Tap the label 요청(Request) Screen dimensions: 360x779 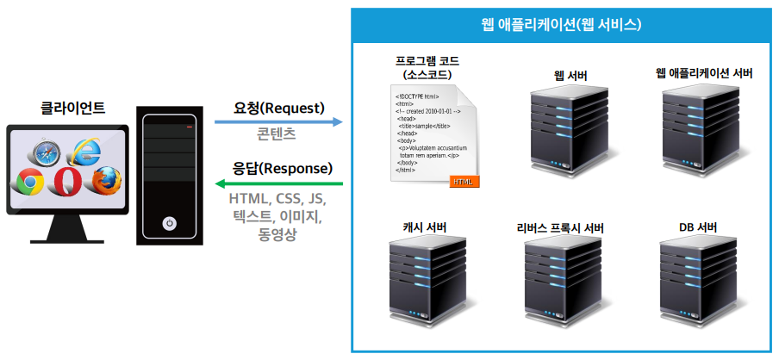click(278, 108)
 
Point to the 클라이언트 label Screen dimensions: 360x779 click(73, 109)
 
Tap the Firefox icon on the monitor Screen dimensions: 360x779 click(106, 180)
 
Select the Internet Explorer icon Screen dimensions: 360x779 click(86, 152)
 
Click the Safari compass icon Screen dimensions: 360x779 click(46, 153)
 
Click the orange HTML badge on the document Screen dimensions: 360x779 click(464, 181)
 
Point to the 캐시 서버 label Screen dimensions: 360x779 click(423, 227)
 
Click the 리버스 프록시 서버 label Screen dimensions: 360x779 click(560, 227)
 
